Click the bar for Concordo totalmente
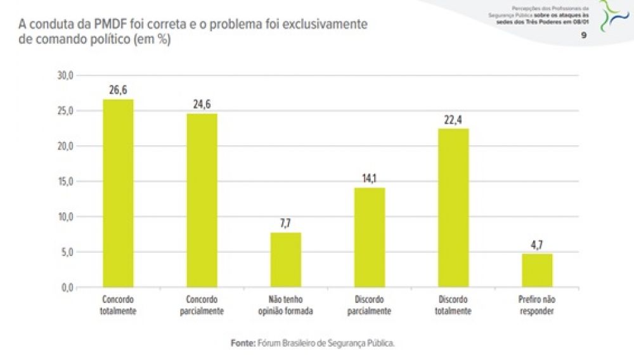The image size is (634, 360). click(x=118, y=193)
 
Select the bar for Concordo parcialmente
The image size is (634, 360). click(x=202, y=200)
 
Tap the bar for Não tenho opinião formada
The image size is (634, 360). click(x=286, y=260)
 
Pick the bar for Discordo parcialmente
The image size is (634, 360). click(x=370, y=237)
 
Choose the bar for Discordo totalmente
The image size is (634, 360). click(x=453, y=208)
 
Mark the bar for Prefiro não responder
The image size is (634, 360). click(x=537, y=270)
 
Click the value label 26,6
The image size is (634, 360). click(x=118, y=90)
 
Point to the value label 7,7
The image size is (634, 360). click(x=286, y=223)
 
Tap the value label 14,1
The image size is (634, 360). click(x=370, y=179)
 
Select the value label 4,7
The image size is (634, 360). click(x=537, y=245)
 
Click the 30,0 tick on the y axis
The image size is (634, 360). click(x=66, y=75)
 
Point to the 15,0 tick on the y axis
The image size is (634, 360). click(x=66, y=181)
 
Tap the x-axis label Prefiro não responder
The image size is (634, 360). click(x=537, y=305)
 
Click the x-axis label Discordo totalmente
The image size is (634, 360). click(x=453, y=305)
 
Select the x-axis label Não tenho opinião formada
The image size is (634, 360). click(x=286, y=305)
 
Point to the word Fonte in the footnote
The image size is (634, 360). click(x=242, y=343)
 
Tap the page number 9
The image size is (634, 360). click(x=583, y=36)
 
